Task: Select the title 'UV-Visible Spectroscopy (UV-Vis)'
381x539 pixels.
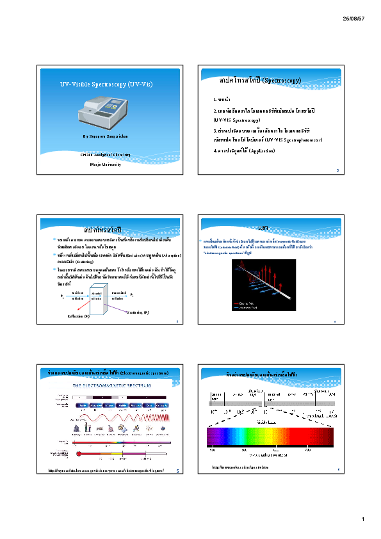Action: [x=106, y=84]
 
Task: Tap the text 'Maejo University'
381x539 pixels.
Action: [x=106, y=164]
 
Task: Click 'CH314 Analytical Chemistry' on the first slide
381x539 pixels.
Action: [x=106, y=154]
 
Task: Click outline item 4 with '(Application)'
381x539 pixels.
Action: [x=244, y=150]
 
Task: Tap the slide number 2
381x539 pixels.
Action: [x=337, y=171]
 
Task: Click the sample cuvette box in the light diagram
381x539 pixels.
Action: [x=97, y=297]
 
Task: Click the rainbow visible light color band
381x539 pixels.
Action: [x=269, y=437]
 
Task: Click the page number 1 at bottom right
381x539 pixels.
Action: [x=362, y=519]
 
